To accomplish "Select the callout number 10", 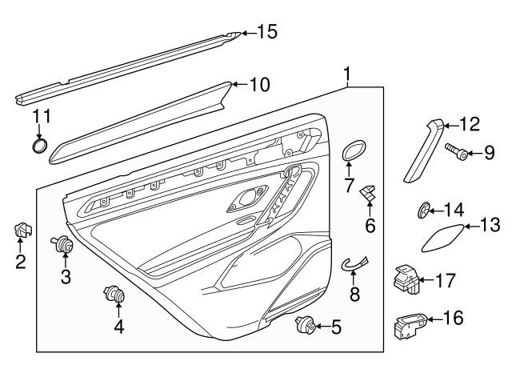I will [x=260, y=84].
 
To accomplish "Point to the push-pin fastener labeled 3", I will [x=63, y=246].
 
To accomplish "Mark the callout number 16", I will [x=452, y=319].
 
